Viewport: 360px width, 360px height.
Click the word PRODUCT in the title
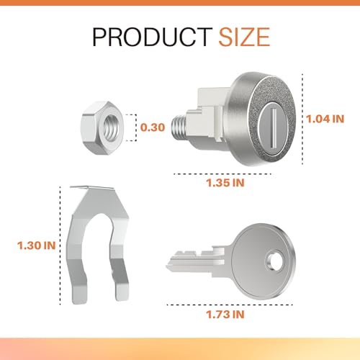[x=153, y=37]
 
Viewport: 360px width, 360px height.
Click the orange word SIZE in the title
[x=244, y=37]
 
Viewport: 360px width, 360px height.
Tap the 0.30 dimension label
[x=153, y=127]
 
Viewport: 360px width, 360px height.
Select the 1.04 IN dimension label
[x=325, y=119]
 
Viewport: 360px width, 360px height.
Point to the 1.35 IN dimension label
[x=225, y=183]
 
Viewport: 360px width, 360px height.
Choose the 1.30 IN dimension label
[x=37, y=246]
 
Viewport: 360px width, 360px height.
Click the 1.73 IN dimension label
[x=225, y=315]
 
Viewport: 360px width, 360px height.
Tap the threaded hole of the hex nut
[x=111, y=128]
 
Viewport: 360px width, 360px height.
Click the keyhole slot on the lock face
[x=273, y=127]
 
